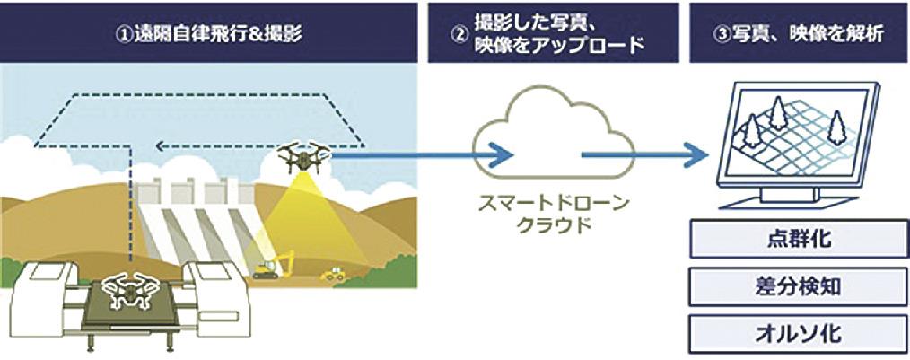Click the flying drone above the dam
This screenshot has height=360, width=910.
click(302, 158)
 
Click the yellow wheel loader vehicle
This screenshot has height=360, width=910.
click(334, 273)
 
